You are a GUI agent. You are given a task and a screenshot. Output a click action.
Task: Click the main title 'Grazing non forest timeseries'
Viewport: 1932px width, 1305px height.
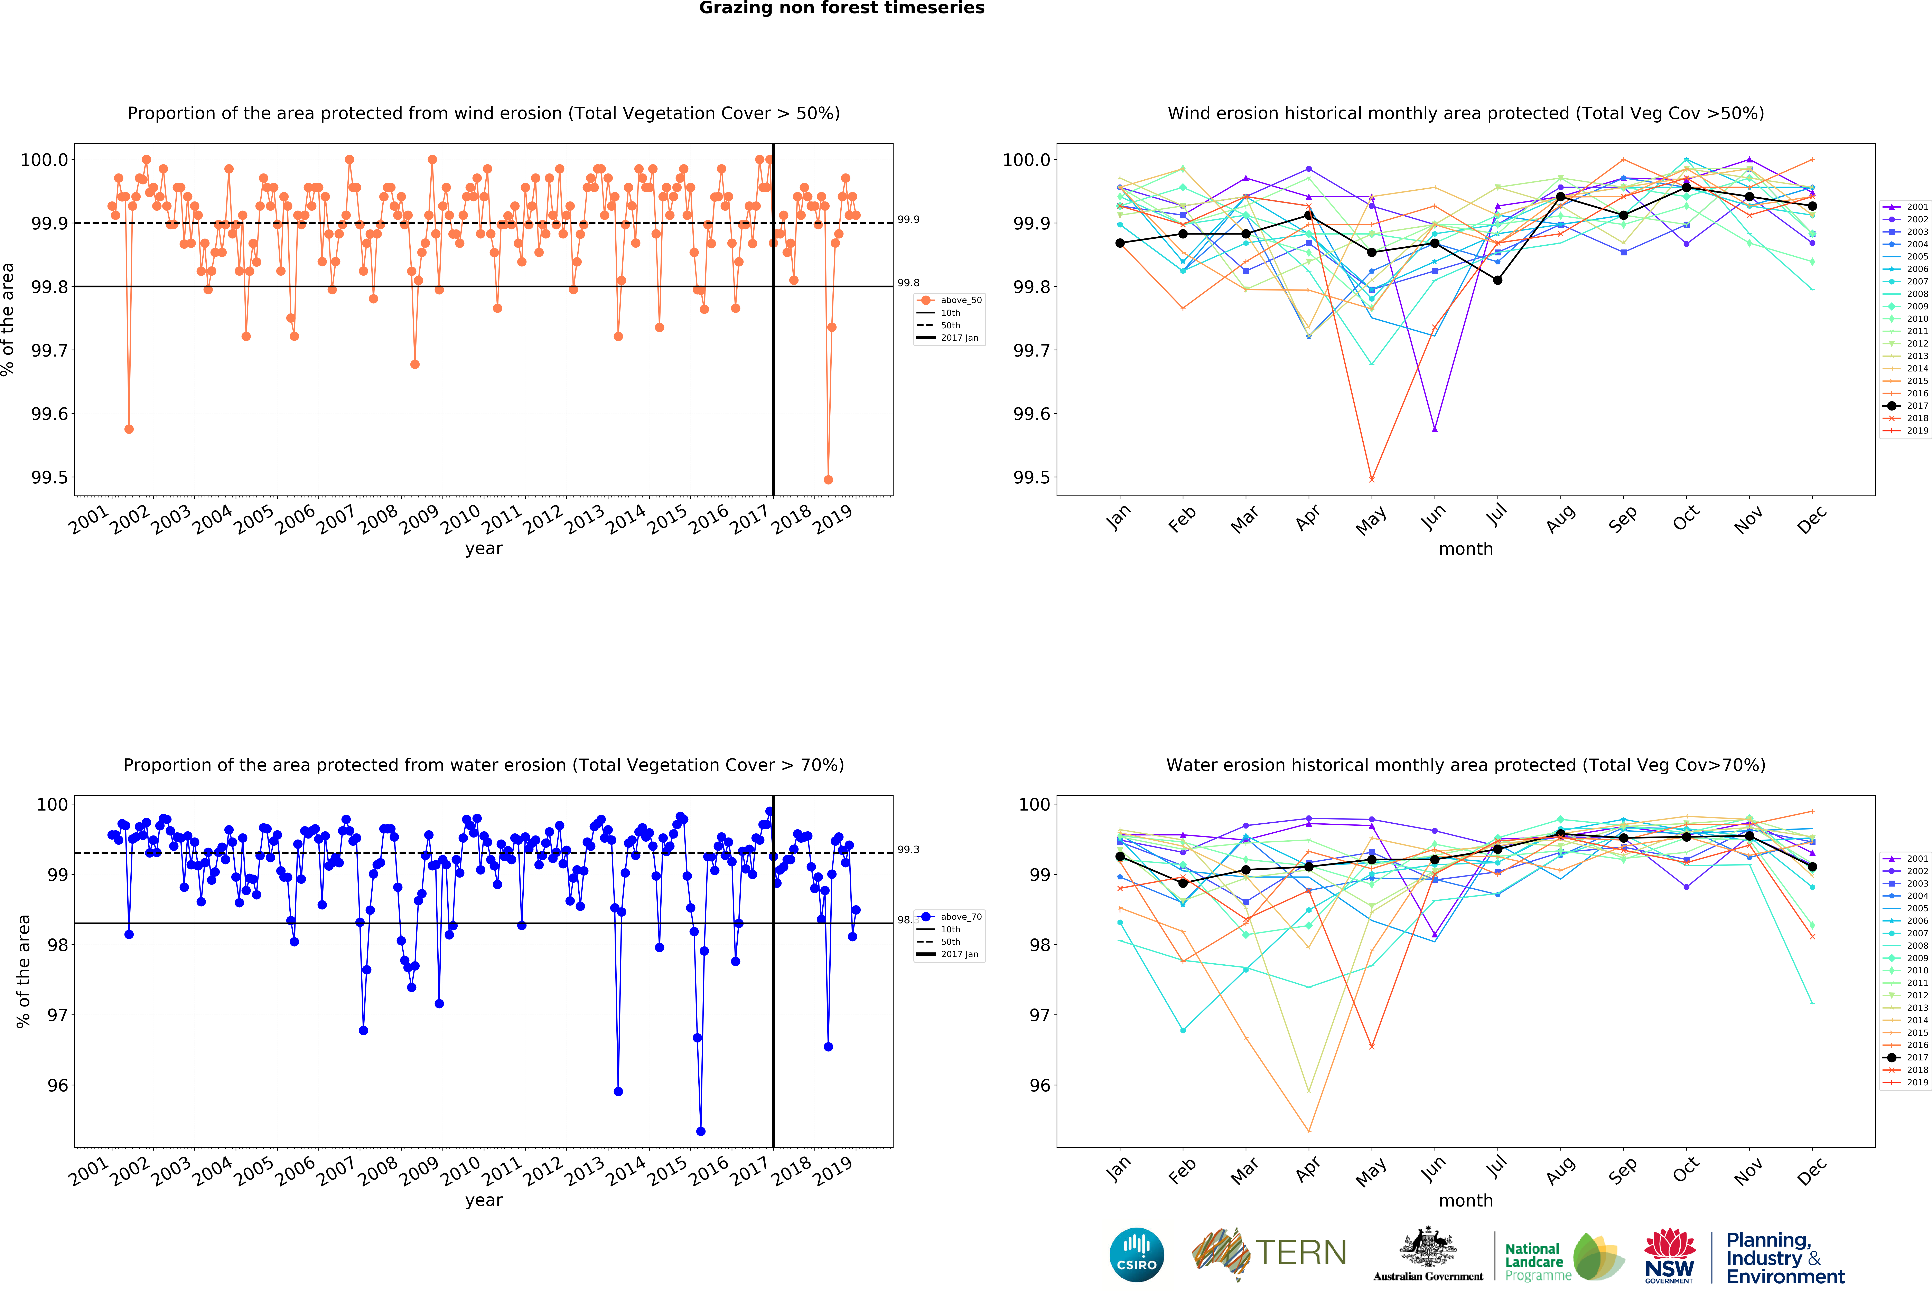tap(841, 8)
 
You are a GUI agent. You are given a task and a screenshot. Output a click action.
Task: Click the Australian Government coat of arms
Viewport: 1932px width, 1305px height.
tap(1427, 1247)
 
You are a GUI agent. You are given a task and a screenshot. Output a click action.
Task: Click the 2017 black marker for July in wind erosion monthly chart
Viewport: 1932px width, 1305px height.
tap(1497, 280)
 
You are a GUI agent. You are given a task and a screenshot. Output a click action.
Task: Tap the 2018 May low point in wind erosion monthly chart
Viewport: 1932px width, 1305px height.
tap(1372, 480)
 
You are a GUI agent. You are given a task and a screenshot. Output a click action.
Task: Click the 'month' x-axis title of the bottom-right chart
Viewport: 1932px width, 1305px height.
tap(1466, 1200)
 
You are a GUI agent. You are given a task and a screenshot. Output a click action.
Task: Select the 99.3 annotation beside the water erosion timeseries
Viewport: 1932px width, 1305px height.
tap(908, 850)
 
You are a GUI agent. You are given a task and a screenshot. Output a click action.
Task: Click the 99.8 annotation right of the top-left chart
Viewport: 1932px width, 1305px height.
tap(908, 283)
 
